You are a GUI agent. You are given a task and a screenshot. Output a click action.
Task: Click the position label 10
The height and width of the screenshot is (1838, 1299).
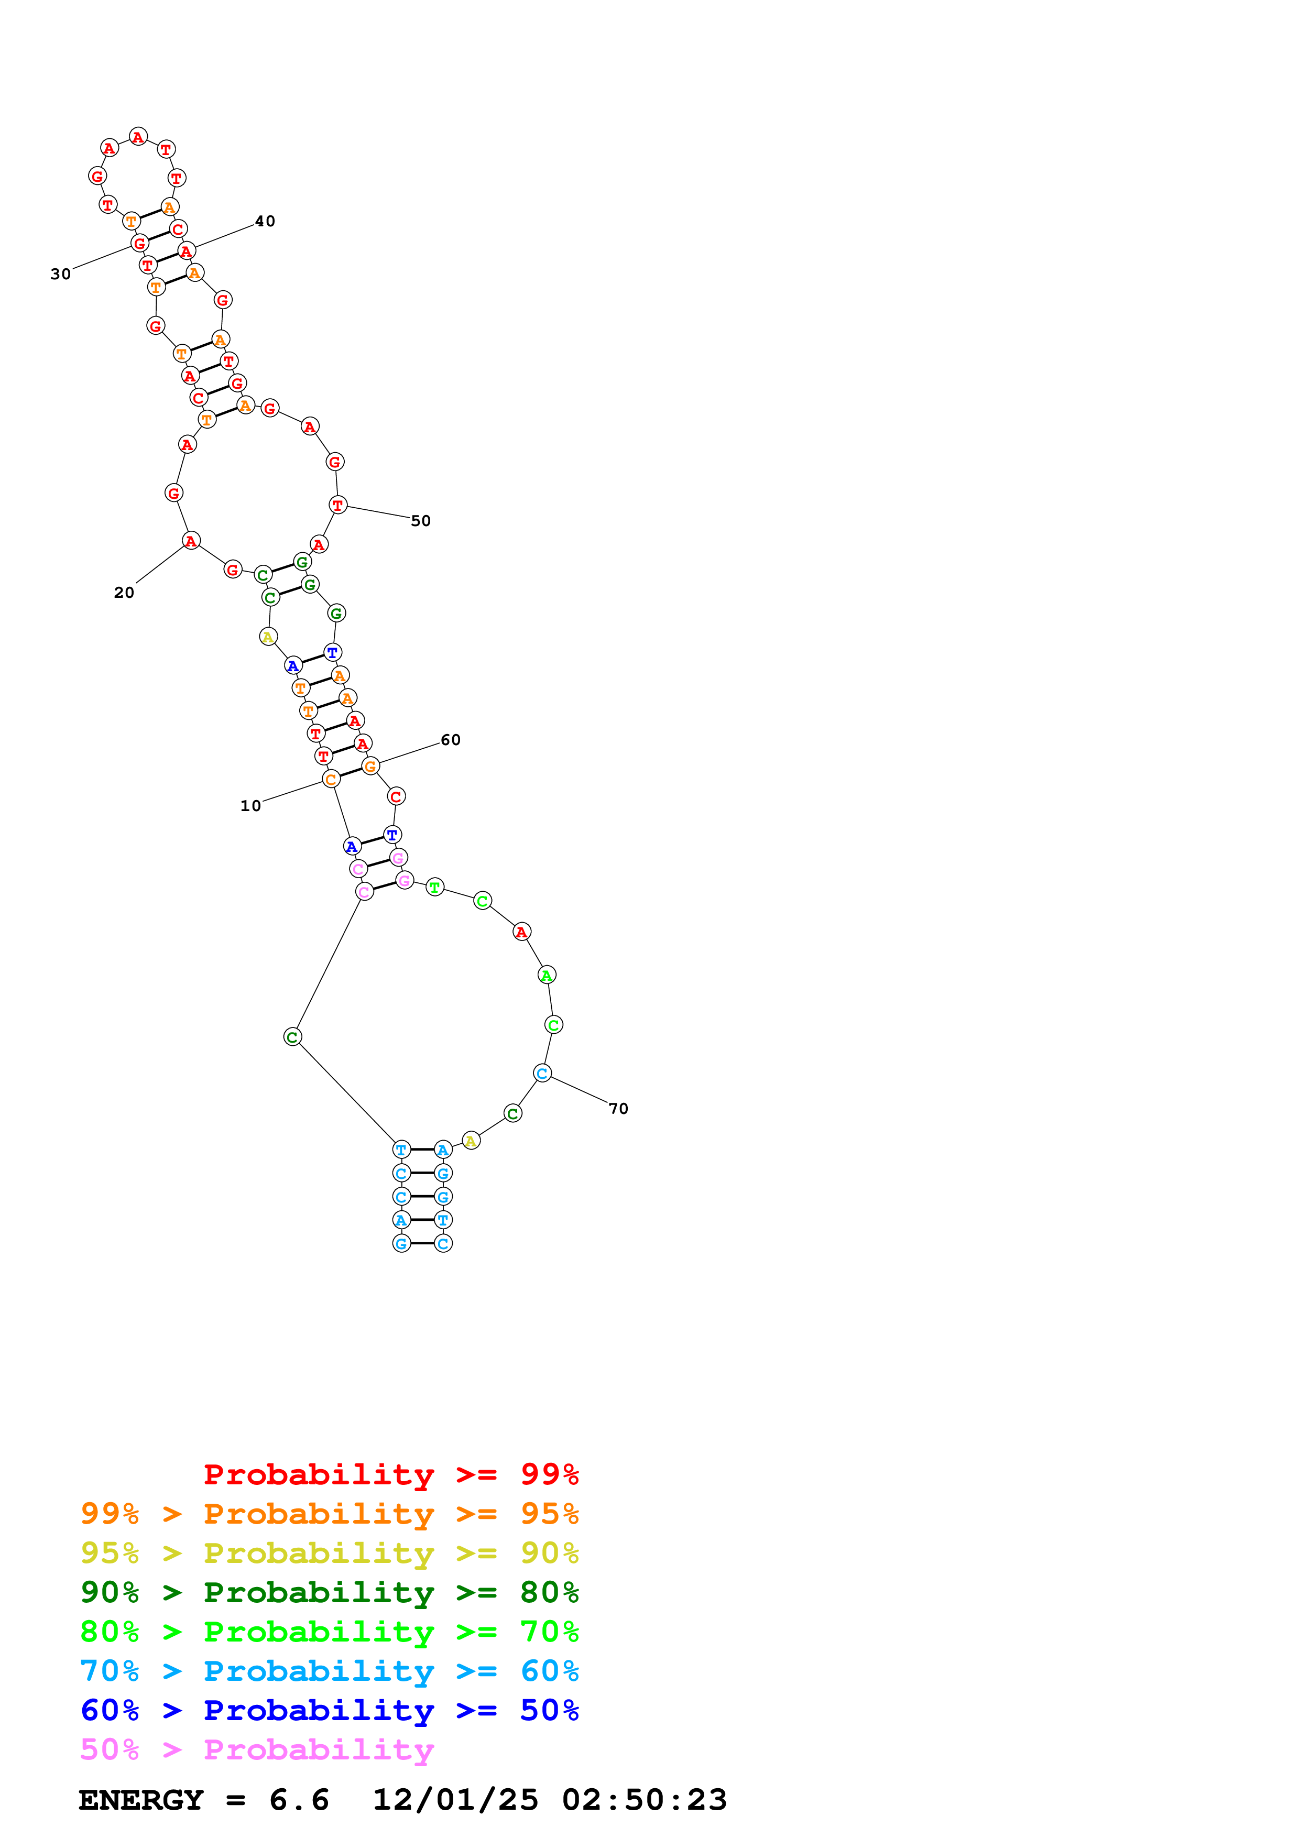(x=250, y=806)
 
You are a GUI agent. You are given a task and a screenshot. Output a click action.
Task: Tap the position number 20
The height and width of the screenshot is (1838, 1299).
(x=124, y=593)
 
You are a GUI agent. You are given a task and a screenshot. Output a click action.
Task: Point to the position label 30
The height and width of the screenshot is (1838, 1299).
(x=61, y=275)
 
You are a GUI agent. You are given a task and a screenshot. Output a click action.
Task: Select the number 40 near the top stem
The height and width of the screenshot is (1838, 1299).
(x=265, y=222)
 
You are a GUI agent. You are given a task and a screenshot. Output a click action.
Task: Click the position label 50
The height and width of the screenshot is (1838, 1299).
(x=420, y=521)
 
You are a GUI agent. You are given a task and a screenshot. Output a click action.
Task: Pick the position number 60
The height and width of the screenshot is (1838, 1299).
(x=451, y=740)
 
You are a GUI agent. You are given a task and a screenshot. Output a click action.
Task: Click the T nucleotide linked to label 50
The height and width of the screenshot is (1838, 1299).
(x=338, y=505)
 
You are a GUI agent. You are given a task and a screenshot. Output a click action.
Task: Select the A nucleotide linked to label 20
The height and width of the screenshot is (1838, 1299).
(x=191, y=541)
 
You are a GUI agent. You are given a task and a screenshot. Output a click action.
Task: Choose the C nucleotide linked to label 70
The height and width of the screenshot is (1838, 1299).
(x=542, y=1074)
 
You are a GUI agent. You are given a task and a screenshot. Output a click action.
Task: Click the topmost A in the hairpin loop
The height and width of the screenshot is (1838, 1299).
(x=138, y=137)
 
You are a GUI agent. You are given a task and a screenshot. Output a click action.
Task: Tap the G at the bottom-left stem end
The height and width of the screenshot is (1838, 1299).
(x=401, y=1244)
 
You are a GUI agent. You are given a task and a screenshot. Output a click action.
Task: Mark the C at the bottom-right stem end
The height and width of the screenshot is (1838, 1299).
(x=443, y=1244)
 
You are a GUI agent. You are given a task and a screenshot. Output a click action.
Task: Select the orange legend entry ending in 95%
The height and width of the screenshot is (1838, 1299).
(x=330, y=1514)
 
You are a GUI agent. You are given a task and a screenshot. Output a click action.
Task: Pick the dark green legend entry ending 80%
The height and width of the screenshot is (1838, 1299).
(x=330, y=1592)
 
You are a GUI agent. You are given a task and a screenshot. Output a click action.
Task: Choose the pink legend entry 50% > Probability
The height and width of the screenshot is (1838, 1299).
(x=257, y=1750)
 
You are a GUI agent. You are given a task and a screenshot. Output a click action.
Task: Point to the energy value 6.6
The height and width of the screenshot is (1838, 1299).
(x=299, y=1800)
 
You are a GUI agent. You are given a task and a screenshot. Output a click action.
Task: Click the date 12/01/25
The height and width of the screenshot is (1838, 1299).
(x=455, y=1800)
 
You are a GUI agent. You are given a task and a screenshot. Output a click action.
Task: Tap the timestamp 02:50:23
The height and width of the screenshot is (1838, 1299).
(x=645, y=1800)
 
